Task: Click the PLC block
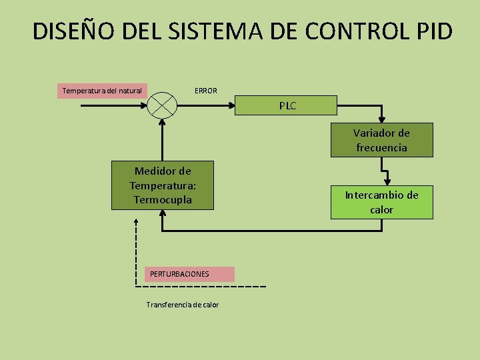pos(287,105)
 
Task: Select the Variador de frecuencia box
pos(381,140)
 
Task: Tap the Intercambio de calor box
pos(381,202)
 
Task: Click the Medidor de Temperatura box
pos(162,185)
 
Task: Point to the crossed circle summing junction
pos(161,105)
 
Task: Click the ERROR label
pos(205,91)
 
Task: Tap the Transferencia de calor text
pos(182,305)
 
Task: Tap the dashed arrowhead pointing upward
pos(136,222)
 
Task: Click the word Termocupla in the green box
pos(162,200)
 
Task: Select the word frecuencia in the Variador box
pos(381,148)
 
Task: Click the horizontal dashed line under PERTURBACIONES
pos(200,287)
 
